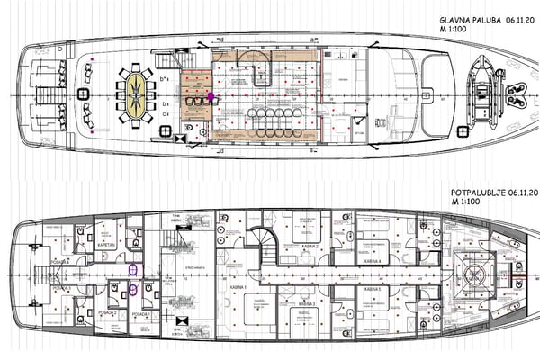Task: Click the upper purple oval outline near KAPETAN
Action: (x=133, y=268)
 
